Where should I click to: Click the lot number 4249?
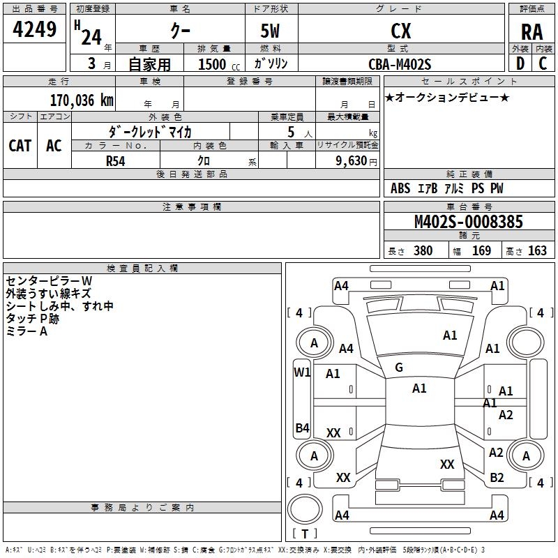(34, 29)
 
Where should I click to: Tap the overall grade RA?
(531, 32)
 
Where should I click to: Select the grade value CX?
(400, 31)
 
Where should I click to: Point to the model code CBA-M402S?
(400, 64)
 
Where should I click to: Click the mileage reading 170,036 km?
(82, 100)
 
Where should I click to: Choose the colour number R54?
(116, 161)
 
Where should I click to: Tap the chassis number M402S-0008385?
(469, 221)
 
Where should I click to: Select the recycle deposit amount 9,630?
(352, 161)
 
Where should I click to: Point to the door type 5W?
(270, 31)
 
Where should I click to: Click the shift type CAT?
(20, 146)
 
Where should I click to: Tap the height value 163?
(537, 250)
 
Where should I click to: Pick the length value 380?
(423, 250)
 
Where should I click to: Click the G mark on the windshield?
(399, 368)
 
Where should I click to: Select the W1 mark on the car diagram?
(302, 372)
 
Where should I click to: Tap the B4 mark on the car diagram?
(303, 428)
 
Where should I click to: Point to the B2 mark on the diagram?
(497, 478)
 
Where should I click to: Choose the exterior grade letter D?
(520, 63)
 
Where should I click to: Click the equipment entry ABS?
(400, 188)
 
